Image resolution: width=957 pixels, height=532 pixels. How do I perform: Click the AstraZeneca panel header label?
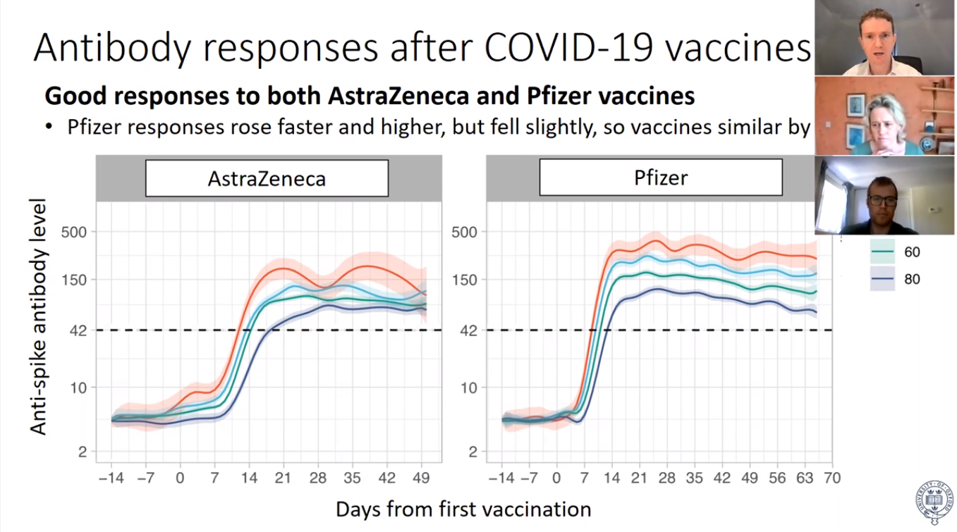[x=267, y=178]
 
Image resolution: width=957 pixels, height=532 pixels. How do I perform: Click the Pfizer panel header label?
[x=660, y=177]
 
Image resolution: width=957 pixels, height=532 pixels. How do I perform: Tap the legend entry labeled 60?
[x=911, y=252]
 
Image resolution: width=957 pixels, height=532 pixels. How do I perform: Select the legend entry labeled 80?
[x=911, y=279]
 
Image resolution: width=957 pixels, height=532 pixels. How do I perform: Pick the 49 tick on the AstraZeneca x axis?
[x=421, y=478]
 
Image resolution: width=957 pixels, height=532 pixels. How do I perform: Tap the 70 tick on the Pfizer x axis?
[x=832, y=478]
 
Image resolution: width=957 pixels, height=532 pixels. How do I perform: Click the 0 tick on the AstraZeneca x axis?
[x=180, y=478]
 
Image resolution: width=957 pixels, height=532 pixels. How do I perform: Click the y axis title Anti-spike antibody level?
[x=38, y=316]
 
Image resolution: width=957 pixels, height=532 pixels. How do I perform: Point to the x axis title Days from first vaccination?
[x=463, y=509]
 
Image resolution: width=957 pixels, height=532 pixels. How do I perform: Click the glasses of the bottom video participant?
[x=882, y=200]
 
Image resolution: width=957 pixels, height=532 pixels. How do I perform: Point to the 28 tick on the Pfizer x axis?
[x=666, y=478]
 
